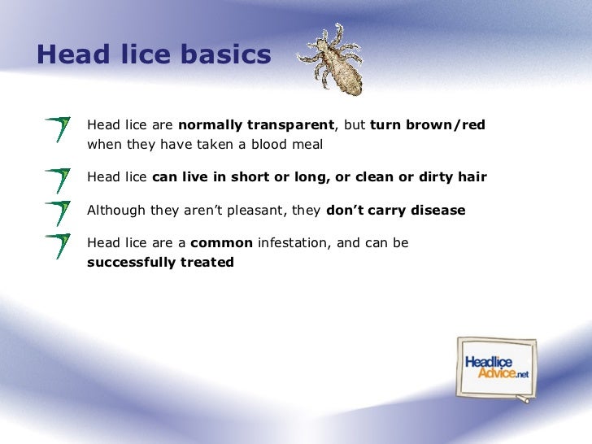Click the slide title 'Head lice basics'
pos(153,54)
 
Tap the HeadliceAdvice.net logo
pos(496,368)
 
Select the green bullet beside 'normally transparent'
pos(58,129)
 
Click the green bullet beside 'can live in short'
pos(58,179)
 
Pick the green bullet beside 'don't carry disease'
pos(58,212)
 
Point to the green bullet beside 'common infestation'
pos(58,246)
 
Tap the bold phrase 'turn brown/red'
pos(427,125)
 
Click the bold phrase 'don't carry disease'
pos(395,211)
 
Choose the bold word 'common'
pos(221,243)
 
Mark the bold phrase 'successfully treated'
pos(160,263)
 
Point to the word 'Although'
pos(115,211)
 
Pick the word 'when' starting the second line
pos(102,145)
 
